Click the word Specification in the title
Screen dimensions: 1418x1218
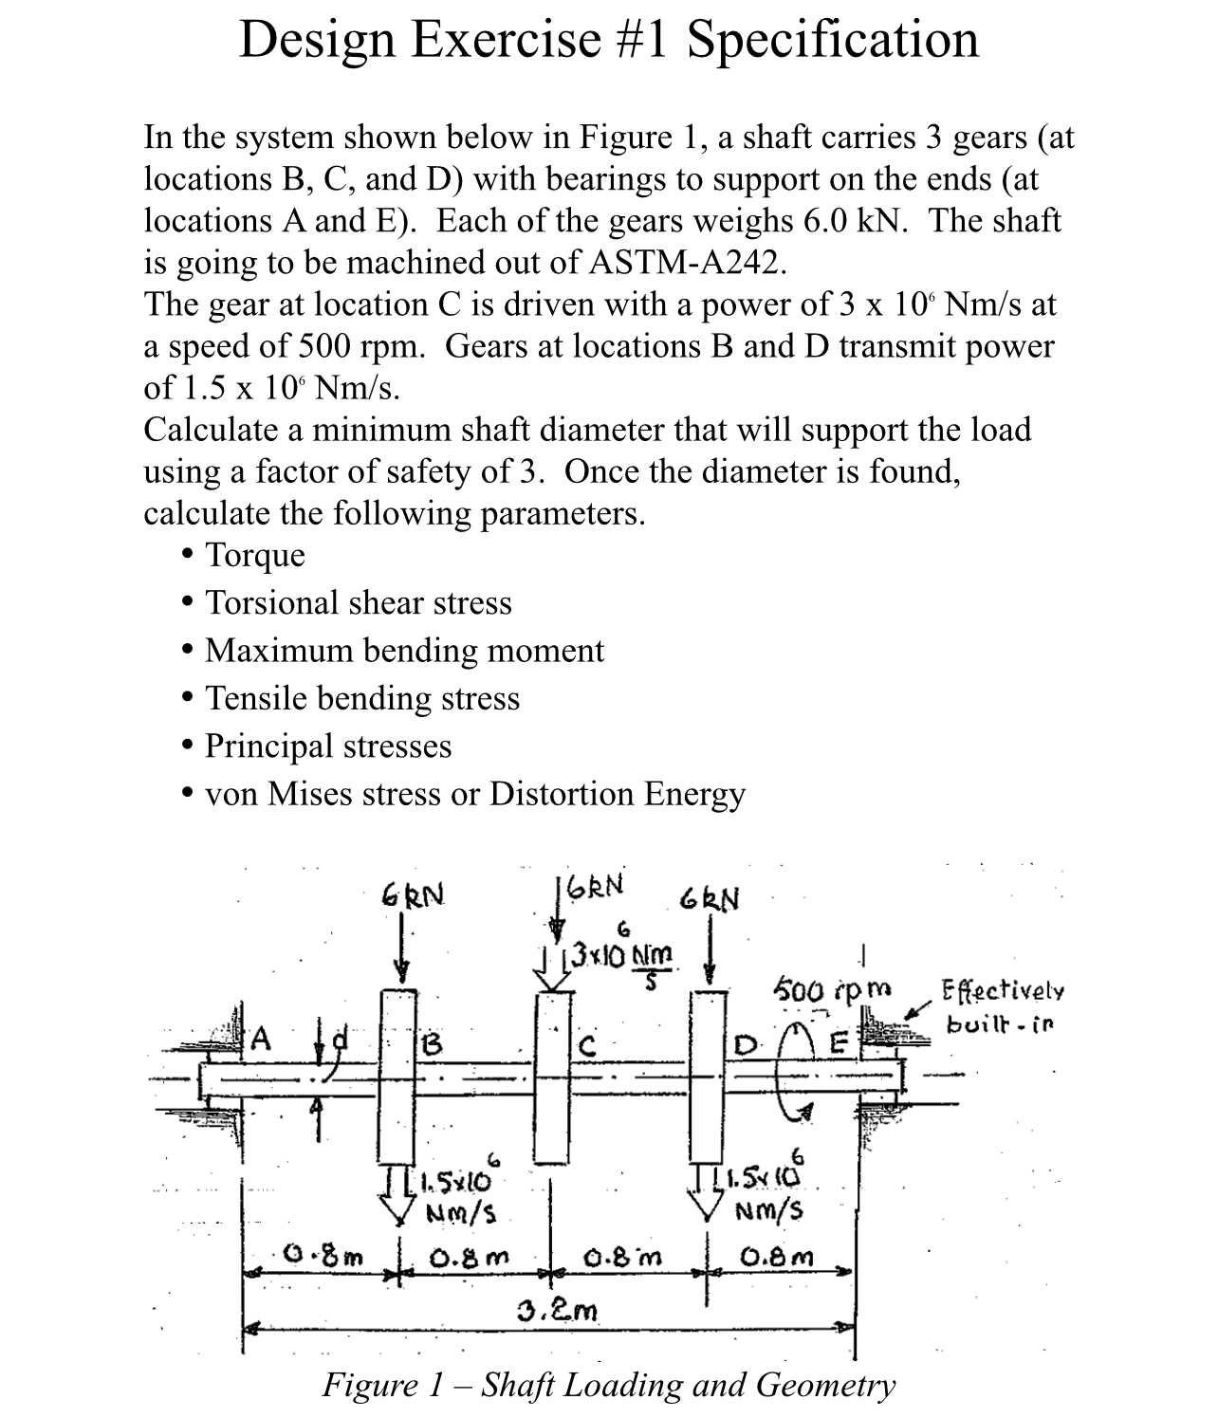click(832, 40)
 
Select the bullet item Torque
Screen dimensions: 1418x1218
click(255, 555)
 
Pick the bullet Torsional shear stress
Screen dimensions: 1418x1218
click(359, 603)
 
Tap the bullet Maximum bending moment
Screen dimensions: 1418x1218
click(404, 651)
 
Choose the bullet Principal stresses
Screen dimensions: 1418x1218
click(328, 746)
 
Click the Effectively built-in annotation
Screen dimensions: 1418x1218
click(1001, 1008)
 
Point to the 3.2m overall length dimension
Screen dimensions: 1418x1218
click(558, 1312)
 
